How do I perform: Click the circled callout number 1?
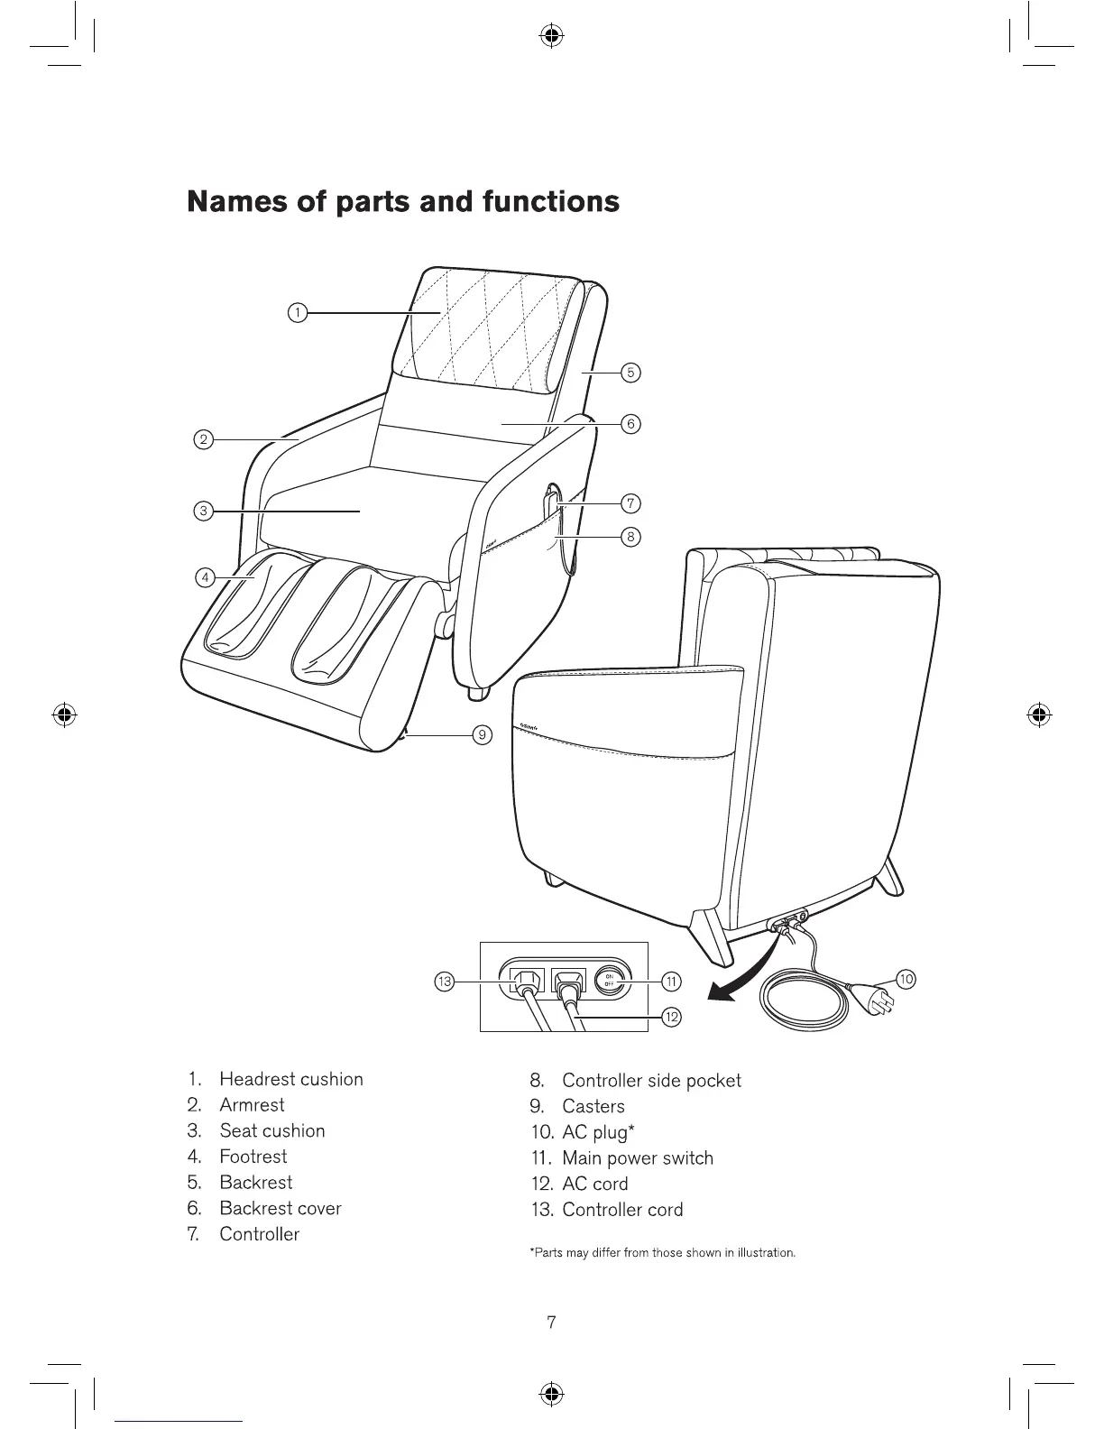point(296,313)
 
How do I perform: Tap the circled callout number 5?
point(631,372)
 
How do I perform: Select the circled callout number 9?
point(483,735)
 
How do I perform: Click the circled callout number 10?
point(906,979)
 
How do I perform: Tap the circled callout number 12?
point(672,1018)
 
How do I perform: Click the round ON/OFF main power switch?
point(610,981)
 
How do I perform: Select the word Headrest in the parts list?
point(257,1079)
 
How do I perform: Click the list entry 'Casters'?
point(593,1106)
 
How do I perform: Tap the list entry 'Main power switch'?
point(637,1158)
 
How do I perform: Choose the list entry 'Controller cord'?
point(622,1210)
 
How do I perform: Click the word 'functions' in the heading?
point(550,200)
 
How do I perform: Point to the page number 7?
point(552,1323)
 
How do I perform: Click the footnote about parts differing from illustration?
point(662,1253)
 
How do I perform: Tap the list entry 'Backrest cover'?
point(281,1208)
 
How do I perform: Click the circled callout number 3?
point(205,512)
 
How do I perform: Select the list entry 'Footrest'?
point(253,1157)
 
